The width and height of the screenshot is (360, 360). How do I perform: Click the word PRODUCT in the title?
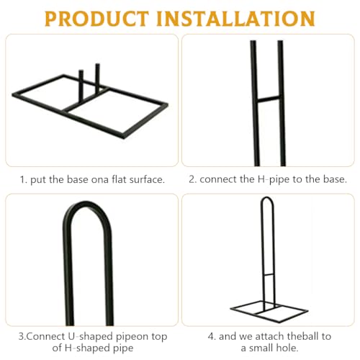(x=96, y=19)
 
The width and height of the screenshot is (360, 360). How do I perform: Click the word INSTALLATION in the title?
(x=235, y=19)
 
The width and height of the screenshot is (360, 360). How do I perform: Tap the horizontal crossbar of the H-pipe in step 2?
(x=269, y=99)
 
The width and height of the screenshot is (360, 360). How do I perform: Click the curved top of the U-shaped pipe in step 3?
(x=87, y=210)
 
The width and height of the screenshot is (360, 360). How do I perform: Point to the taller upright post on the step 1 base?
(x=97, y=78)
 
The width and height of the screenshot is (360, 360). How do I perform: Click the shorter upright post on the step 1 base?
(x=81, y=85)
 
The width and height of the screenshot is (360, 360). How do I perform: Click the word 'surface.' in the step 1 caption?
(x=147, y=179)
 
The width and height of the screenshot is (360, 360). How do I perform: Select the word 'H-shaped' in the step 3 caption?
(x=87, y=348)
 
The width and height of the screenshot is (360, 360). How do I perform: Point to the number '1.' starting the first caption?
(x=24, y=179)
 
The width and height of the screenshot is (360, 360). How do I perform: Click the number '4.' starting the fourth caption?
(x=212, y=336)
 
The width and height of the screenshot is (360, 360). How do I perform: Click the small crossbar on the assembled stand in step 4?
(x=269, y=274)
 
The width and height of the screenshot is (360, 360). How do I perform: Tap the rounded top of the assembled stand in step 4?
(x=267, y=198)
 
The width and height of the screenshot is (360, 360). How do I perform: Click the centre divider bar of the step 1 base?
(x=85, y=100)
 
